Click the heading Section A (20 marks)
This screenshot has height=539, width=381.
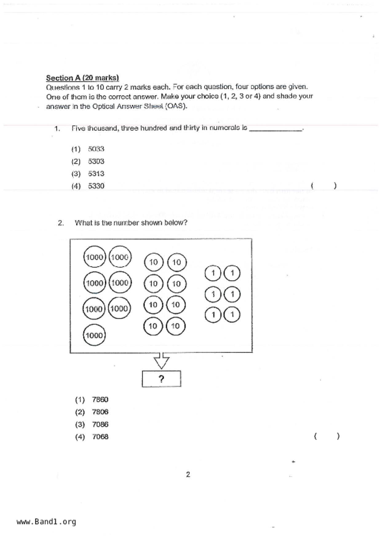[x=82, y=78]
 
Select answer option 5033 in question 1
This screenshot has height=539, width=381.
[x=96, y=149]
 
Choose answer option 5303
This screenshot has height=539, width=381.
[x=96, y=161]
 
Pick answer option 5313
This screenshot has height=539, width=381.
[x=96, y=174]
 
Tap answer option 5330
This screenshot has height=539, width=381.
[x=96, y=186]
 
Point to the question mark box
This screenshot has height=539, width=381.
[x=161, y=379]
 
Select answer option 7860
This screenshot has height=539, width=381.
[x=100, y=399]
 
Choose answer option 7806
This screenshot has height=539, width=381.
[x=100, y=412]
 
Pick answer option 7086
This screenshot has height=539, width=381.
[x=100, y=424]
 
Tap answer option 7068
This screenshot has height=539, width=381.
[x=100, y=437]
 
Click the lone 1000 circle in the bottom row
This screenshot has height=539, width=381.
[x=94, y=335]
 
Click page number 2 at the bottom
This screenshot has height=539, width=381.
[x=188, y=474]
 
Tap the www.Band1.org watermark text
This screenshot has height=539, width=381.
[x=46, y=522]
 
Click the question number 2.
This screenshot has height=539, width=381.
[x=61, y=223]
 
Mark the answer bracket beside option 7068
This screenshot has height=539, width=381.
[x=327, y=436]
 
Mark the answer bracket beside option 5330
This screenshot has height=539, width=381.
[x=323, y=186]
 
